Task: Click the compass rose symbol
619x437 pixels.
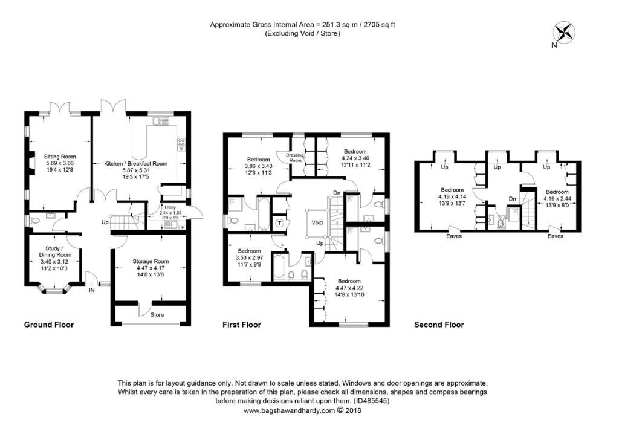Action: tap(565, 32)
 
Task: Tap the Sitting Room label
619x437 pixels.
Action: tap(60, 157)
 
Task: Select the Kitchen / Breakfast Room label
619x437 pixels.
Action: tap(136, 163)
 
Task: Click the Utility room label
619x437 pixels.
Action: tap(170, 207)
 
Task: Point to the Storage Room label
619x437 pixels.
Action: tap(151, 261)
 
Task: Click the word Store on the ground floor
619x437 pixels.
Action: tap(157, 315)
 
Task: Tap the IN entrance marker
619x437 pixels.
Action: tap(92, 290)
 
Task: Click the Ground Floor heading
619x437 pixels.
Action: tap(49, 325)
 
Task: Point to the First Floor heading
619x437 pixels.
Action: tap(242, 325)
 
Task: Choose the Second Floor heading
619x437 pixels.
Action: tap(439, 325)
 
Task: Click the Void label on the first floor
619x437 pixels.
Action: tap(317, 222)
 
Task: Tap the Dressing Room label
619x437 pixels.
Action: tap(295, 158)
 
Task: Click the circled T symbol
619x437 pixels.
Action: tap(280, 224)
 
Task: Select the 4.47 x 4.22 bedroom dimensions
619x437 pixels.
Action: tap(349, 288)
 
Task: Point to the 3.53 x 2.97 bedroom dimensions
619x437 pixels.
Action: tap(249, 257)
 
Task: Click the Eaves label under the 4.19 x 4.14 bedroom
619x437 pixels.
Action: tap(454, 236)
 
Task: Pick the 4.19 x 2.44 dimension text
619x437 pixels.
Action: tap(557, 199)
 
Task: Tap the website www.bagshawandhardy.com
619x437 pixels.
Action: tap(289, 410)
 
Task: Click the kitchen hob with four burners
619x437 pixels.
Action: tap(181, 144)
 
